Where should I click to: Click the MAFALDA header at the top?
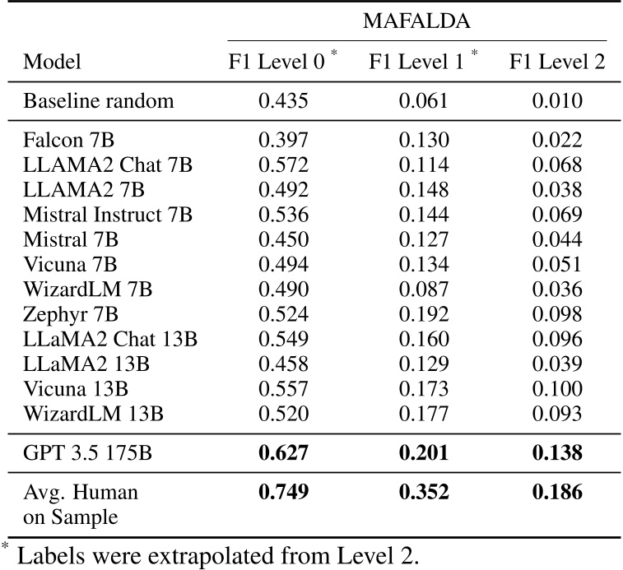pyautogui.click(x=416, y=21)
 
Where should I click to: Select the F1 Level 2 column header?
pyautogui.click(x=557, y=63)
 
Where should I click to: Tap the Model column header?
pyautogui.click(x=53, y=63)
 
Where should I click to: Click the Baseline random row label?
pyautogui.click(x=99, y=102)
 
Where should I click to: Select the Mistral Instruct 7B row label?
pyautogui.click(x=108, y=215)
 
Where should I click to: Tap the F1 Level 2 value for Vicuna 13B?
pyautogui.click(x=557, y=388)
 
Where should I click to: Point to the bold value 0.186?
pyautogui.click(x=557, y=493)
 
